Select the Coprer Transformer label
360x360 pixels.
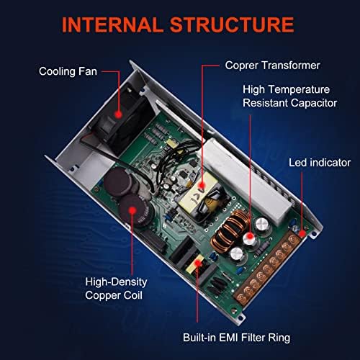coord(262,66)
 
